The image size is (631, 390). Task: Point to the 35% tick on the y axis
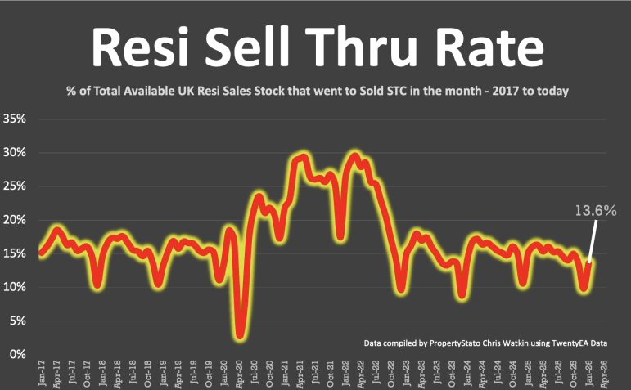tap(16, 119)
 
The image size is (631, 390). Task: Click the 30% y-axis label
tap(16, 153)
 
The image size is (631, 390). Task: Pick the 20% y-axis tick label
tap(16, 220)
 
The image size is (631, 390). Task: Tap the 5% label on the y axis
tap(20, 321)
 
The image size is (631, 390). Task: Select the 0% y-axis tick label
tap(20, 354)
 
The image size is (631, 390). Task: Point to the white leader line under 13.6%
tap(592, 241)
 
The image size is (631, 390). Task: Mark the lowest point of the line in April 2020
tap(240, 334)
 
